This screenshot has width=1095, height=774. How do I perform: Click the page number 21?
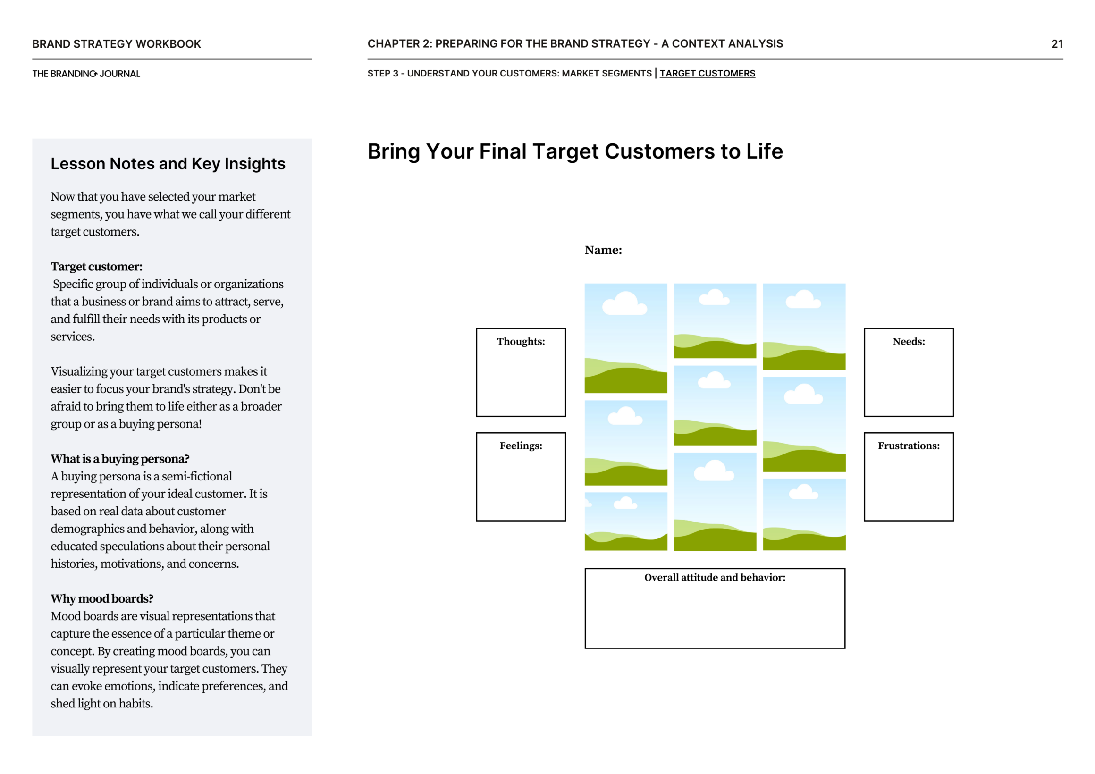tap(1056, 44)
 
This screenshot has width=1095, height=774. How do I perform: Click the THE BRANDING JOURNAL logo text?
tap(86, 74)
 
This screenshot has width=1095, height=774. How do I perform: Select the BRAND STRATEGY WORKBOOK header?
tap(117, 44)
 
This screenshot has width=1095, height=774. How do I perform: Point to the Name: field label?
tap(603, 250)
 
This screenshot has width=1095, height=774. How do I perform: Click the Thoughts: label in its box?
tap(521, 341)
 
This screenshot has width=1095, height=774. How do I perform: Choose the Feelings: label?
tap(521, 446)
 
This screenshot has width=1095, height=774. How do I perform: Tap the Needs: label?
tap(909, 341)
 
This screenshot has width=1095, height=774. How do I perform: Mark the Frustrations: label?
tap(909, 446)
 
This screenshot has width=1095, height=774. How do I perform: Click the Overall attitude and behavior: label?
tap(715, 578)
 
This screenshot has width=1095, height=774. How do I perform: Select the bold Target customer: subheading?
tap(96, 267)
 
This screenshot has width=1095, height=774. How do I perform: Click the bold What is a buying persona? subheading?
tap(120, 459)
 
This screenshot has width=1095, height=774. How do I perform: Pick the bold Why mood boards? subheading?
tap(102, 598)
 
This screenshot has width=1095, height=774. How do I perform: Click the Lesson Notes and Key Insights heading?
tap(168, 164)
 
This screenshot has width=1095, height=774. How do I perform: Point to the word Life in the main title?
tap(764, 151)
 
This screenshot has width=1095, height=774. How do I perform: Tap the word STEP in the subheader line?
tap(378, 74)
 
